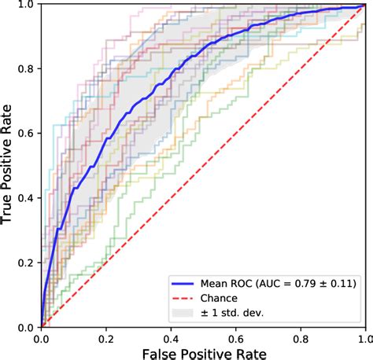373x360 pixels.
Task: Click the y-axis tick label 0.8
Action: (x=24, y=69)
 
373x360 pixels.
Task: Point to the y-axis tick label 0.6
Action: (x=24, y=134)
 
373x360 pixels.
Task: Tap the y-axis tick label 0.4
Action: (x=24, y=198)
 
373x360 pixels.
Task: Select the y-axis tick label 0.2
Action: (x=24, y=263)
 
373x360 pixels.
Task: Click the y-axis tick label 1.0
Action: (x=24, y=6)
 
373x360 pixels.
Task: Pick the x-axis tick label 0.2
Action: (x=105, y=337)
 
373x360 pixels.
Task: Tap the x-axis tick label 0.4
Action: (x=170, y=337)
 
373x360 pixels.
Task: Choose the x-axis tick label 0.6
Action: (x=235, y=337)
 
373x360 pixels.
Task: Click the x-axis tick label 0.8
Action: (x=299, y=337)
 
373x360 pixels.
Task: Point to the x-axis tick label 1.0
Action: (x=363, y=337)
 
